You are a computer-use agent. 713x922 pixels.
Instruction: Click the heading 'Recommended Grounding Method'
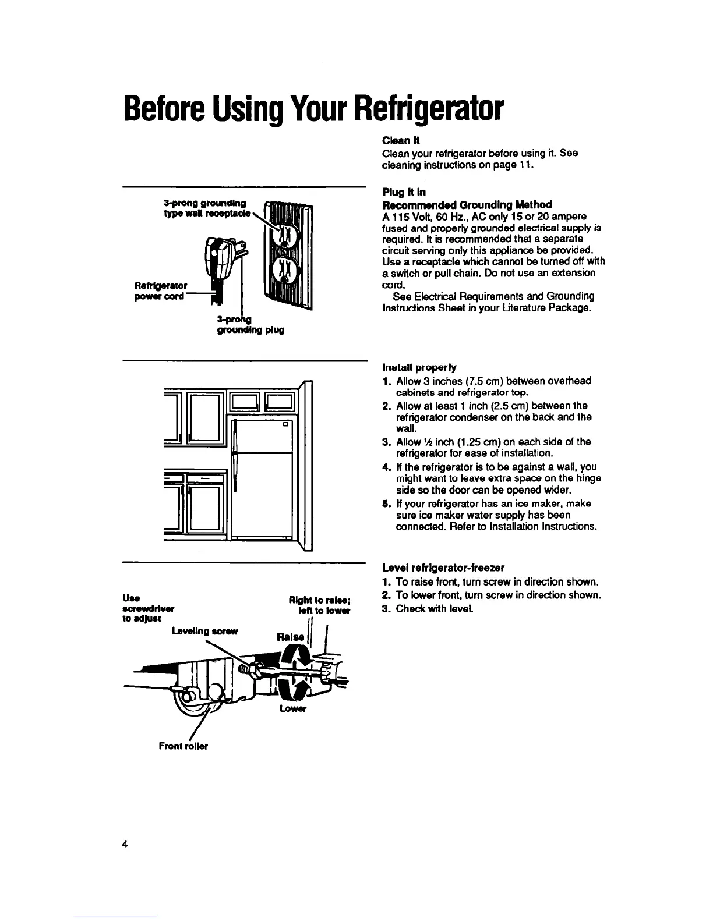pos(467,204)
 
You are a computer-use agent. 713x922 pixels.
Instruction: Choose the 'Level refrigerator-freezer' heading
pos(443,568)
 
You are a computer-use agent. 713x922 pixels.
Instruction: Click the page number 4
pos(125,845)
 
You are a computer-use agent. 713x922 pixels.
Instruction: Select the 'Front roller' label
pos(183,746)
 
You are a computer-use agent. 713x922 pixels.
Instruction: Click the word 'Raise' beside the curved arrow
pos(290,637)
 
